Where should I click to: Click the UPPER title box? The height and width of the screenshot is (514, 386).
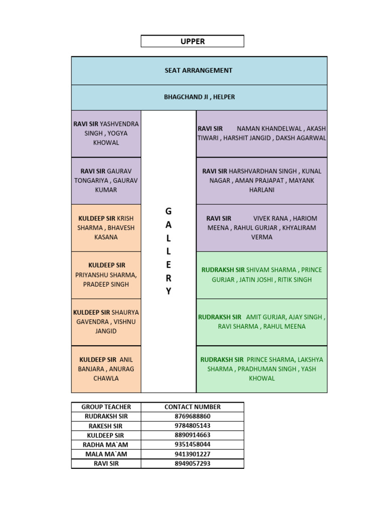[x=192, y=41]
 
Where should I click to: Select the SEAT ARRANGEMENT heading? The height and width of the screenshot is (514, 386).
[x=199, y=71]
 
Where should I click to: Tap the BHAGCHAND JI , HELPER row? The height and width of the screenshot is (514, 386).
[x=199, y=97]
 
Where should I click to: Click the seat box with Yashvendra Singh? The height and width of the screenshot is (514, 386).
[x=106, y=134]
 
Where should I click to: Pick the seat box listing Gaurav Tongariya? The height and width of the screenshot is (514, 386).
[x=106, y=181]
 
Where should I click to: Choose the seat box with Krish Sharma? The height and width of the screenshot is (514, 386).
[x=106, y=228]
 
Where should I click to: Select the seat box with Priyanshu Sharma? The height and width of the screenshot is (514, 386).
[x=106, y=275]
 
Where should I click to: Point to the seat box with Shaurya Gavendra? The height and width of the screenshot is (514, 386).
[x=106, y=322]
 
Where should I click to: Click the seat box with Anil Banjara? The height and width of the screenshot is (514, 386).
[x=106, y=369]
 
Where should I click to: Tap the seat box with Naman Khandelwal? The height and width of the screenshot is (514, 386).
[x=261, y=134]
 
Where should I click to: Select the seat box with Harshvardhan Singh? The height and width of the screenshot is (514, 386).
[x=261, y=181]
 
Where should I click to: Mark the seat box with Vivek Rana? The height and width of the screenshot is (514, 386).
[x=261, y=228]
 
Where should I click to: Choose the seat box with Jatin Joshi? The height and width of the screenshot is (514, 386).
[x=261, y=275]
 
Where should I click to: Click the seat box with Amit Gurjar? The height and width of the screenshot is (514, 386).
[x=261, y=322]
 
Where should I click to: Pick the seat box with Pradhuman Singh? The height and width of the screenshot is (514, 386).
[x=261, y=369]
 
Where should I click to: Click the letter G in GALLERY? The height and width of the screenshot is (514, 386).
[x=168, y=212]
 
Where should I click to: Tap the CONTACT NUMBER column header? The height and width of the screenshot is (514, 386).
[x=192, y=407]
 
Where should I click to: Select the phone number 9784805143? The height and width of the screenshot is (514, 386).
[x=192, y=426]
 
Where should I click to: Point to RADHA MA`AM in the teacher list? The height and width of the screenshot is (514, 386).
[x=106, y=445]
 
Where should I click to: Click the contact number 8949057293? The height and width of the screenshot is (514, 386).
[x=192, y=463]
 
